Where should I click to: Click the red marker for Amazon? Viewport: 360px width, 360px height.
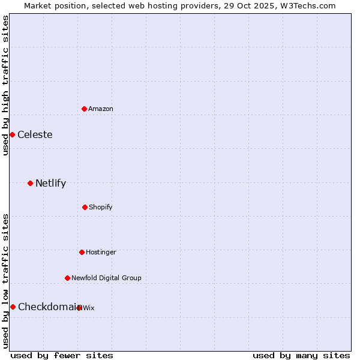pos(84,109)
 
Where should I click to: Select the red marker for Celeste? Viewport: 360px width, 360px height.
pos(12,134)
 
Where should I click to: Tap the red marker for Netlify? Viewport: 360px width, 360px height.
pos(30,183)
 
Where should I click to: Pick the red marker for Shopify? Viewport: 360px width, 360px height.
pos(85,207)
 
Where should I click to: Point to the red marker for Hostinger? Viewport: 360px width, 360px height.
pos(82,252)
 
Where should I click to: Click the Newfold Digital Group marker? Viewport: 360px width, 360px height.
pos(67,278)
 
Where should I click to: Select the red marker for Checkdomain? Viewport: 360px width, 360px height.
pos(13,307)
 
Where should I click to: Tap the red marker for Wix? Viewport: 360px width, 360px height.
pos(79,308)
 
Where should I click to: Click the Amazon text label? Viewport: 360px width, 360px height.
pos(101,109)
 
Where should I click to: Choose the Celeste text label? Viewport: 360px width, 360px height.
pos(35,134)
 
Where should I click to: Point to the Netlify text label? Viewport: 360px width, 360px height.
pos(50,183)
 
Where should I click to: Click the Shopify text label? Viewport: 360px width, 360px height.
pos(101,207)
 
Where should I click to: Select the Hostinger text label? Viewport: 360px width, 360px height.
pos(101,252)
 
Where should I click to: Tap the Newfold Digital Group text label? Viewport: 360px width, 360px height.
pos(106,278)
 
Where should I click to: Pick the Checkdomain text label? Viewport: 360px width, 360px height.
pos(48,307)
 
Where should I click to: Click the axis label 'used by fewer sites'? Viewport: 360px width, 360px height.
pos(62,355)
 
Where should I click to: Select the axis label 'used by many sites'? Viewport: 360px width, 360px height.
pos(301,355)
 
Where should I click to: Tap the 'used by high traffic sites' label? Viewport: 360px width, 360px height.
pos(5,85)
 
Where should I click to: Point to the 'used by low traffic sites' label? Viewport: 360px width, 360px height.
pos(5,281)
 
